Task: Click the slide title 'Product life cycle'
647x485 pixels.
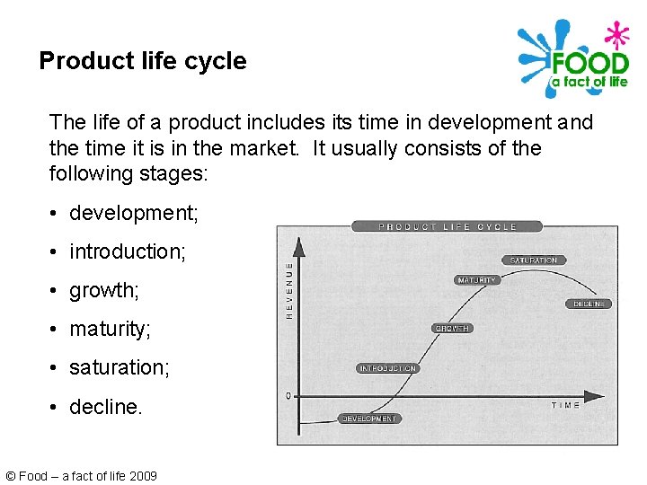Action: pyautogui.click(x=142, y=61)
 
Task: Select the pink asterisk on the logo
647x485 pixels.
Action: pyautogui.click(x=616, y=35)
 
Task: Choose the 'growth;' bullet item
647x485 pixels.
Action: pyautogui.click(x=104, y=291)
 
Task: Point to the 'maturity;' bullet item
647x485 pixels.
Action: pyautogui.click(x=110, y=330)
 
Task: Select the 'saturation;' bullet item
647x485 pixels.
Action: pyautogui.click(x=119, y=368)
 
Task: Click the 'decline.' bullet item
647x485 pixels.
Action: pyautogui.click(x=105, y=407)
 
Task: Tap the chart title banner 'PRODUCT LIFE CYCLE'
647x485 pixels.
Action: pyautogui.click(x=447, y=226)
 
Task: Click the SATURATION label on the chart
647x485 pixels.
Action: pyautogui.click(x=534, y=260)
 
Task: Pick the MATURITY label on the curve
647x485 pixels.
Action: pyautogui.click(x=476, y=280)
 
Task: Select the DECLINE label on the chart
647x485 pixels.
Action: pyautogui.click(x=589, y=304)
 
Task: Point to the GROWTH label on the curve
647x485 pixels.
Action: pyautogui.click(x=452, y=329)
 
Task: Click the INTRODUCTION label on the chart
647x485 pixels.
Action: pyautogui.click(x=387, y=368)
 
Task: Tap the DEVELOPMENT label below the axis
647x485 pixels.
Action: pyautogui.click(x=369, y=419)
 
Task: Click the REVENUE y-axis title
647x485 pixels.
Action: pyautogui.click(x=289, y=289)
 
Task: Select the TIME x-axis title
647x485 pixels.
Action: pyautogui.click(x=565, y=406)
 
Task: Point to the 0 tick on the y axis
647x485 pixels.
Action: pyautogui.click(x=288, y=395)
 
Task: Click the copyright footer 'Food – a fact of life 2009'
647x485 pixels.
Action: pyautogui.click(x=81, y=475)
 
